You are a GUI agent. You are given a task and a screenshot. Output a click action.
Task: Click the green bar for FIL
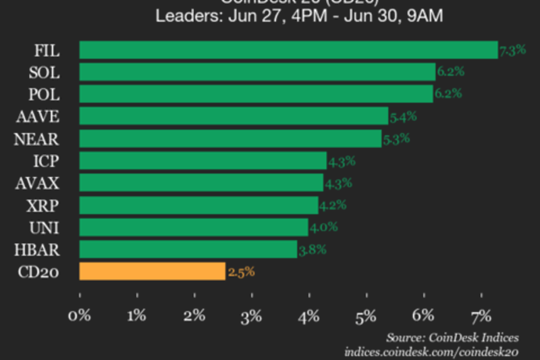pyautogui.click(x=288, y=50)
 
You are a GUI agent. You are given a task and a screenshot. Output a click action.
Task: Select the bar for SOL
pyautogui.click(x=257, y=72)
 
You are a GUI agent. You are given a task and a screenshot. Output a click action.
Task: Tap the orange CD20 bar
pyautogui.click(x=152, y=272)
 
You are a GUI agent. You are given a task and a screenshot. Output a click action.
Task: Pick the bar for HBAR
pyautogui.click(x=188, y=249)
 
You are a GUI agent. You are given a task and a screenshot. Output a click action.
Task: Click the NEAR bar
pyautogui.click(x=230, y=138)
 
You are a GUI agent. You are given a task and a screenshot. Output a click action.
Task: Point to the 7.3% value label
pyautogui.click(x=512, y=50)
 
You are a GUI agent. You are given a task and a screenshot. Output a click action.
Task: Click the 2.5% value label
pyautogui.click(x=240, y=272)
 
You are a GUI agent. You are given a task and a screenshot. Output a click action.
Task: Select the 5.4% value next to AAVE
pyautogui.click(x=402, y=116)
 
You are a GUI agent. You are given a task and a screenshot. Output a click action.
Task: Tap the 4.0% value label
pyautogui.click(x=323, y=228)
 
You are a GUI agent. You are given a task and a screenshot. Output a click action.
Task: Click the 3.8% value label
pyautogui.click(x=312, y=250)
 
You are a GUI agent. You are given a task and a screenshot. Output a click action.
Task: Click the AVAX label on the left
pyautogui.click(x=38, y=183)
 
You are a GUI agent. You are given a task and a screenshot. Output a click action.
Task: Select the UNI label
pyautogui.click(x=47, y=228)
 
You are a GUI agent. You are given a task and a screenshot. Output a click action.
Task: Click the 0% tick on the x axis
pyautogui.click(x=80, y=315)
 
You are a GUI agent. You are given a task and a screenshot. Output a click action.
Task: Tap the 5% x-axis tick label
pyautogui.click(x=367, y=315)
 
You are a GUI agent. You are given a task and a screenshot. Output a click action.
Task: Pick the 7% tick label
pyautogui.click(x=481, y=315)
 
